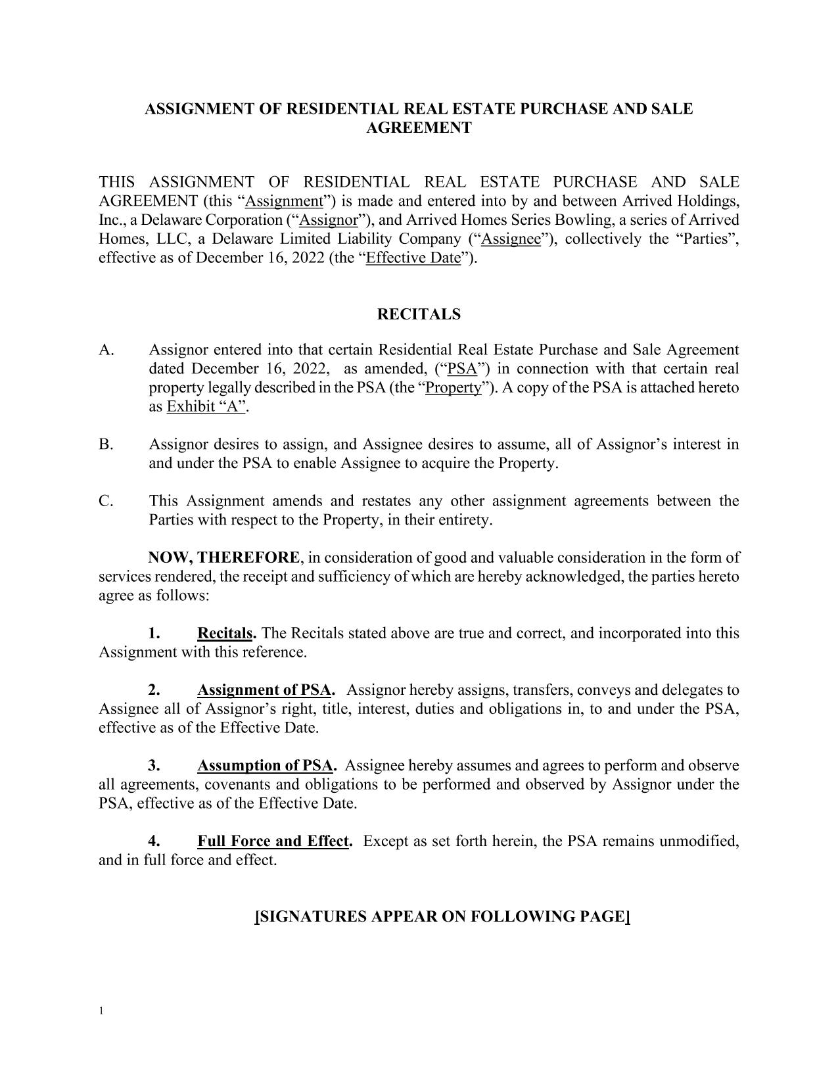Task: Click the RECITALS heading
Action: (419, 314)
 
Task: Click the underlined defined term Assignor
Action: (328, 220)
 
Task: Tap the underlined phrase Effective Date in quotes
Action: (413, 258)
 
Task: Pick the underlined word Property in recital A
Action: (454, 387)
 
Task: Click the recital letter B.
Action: (106, 444)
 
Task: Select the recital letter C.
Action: (106, 501)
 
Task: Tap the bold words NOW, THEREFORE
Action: (223, 557)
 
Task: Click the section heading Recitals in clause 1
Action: (225, 633)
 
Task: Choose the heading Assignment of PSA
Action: (264, 690)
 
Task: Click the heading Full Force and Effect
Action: (273, 841)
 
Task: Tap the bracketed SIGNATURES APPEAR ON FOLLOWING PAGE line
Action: (442, 916)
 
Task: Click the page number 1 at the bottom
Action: (101, 1010)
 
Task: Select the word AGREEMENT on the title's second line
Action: (419, 128)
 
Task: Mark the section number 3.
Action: (154, 766)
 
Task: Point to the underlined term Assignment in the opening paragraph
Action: (284, 200)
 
